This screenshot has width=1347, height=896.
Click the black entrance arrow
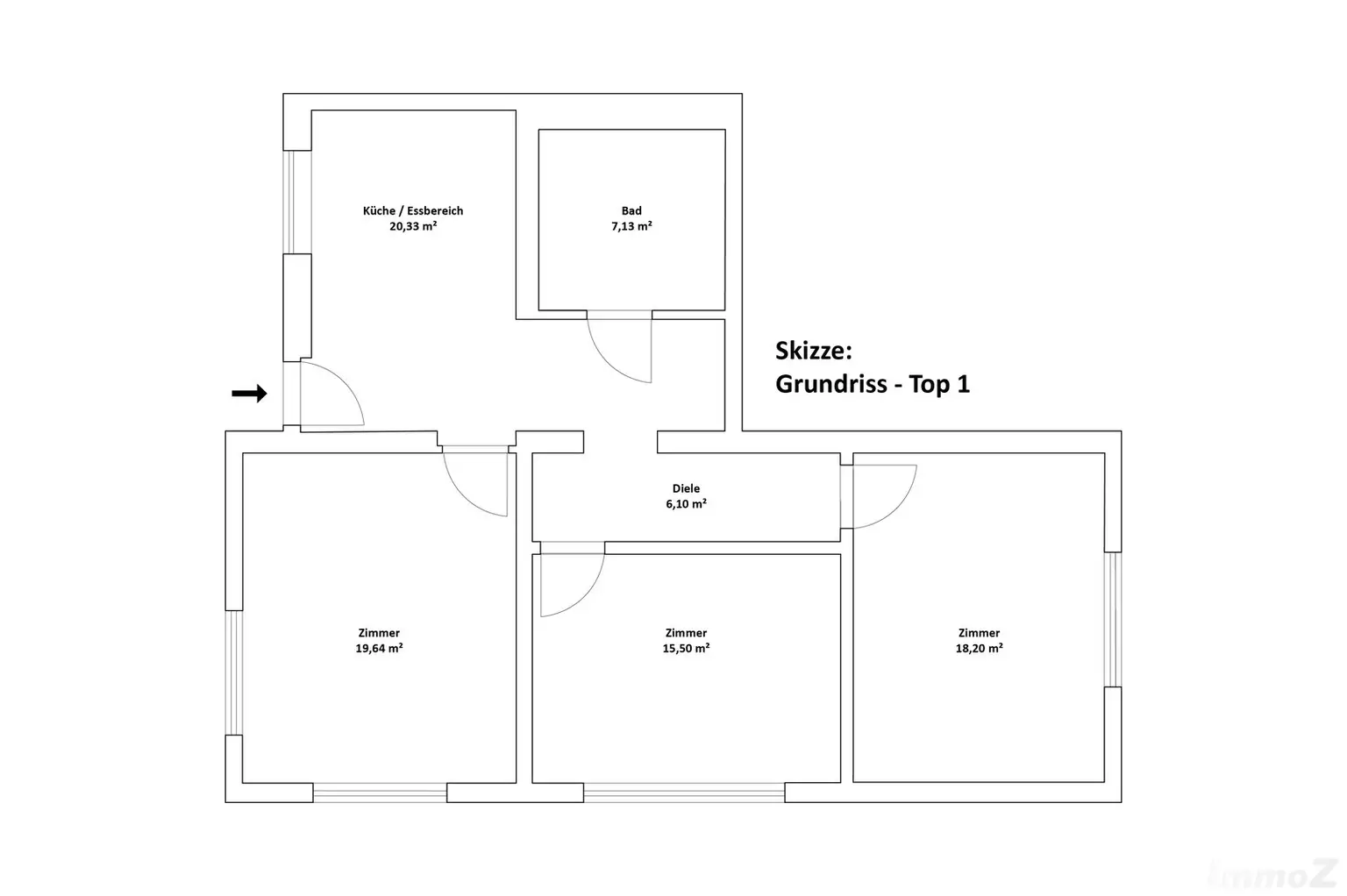click(x=250, y=394)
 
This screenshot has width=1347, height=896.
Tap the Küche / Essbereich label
click(x=413, y=210)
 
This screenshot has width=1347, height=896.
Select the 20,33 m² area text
click(x=413, y=227)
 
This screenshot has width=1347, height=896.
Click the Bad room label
click(x=631, y=210)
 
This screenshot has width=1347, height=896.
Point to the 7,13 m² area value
click(x=631, y=227)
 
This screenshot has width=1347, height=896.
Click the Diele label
click(x=686, y=488)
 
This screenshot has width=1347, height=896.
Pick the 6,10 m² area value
click(x=686, y=504)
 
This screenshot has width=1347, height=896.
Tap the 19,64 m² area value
click(x=379, y=648)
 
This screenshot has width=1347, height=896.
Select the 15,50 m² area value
click(x=686, y=648)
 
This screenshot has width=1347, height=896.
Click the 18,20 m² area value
click(x=979, y=648)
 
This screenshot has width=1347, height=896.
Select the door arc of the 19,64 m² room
click(x=462, y=497)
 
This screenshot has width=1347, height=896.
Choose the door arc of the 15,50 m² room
click(x=587, y=599)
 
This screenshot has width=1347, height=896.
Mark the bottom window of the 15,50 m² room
click(x=684, y=793)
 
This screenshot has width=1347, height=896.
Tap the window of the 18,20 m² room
click(x=1114, y=619)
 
